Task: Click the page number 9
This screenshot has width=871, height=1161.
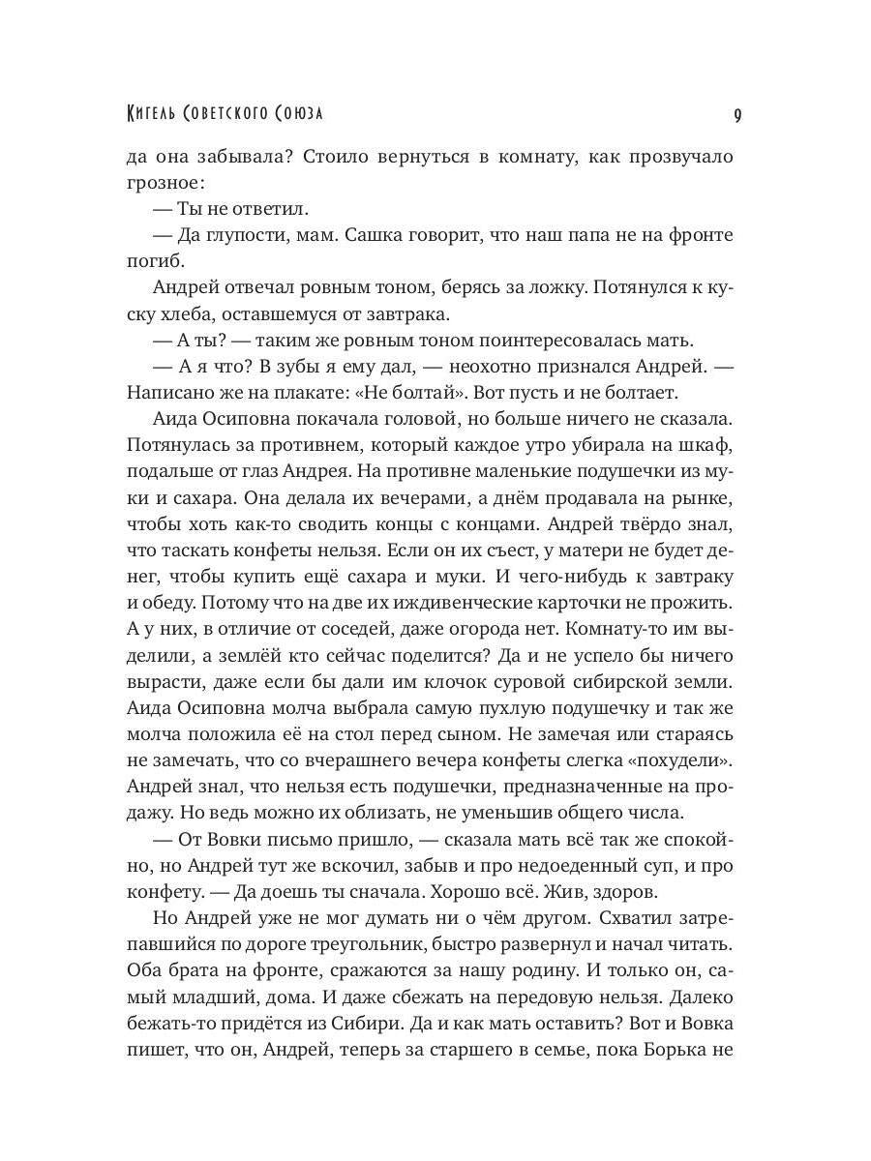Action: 737,114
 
